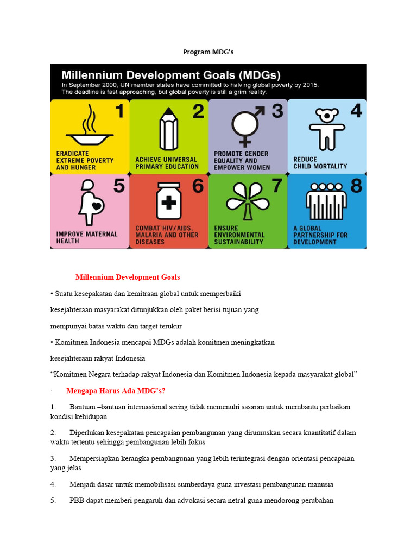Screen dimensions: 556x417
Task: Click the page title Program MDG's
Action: click(x=208, y=52)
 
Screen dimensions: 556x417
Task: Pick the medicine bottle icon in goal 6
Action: click(x=169, y=201)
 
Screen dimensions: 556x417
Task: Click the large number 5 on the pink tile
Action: click(x=119, y=187)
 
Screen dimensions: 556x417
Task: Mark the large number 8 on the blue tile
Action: click(x=356, y=186)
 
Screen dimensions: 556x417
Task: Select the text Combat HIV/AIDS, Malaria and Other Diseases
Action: click(x=167, y=235)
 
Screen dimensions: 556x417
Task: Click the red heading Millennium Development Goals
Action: click(x=128, y=277)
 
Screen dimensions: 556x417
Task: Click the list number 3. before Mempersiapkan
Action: click(x=53, y=459)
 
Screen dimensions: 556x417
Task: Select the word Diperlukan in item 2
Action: click(x=88, y=433)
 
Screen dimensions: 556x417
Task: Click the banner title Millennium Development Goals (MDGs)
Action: click(x=170, y=74)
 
